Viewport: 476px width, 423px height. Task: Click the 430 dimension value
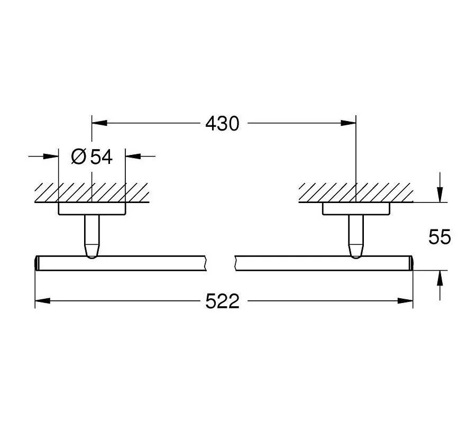coord(222,124)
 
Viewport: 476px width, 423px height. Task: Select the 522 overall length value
coord(222,301)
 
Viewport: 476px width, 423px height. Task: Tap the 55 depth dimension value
coord(440,237)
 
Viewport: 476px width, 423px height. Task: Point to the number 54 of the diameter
coord(102,157)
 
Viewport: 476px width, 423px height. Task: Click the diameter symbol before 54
coord(79,157)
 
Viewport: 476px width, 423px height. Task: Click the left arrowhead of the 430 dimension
coord(99,123)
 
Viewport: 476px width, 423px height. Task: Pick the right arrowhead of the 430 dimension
coord(348,123)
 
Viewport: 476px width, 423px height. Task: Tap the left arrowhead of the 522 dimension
coord(43,301)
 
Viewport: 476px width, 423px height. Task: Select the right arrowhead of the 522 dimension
coord(405,301)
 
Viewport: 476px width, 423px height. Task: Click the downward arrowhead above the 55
coord(440,195)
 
